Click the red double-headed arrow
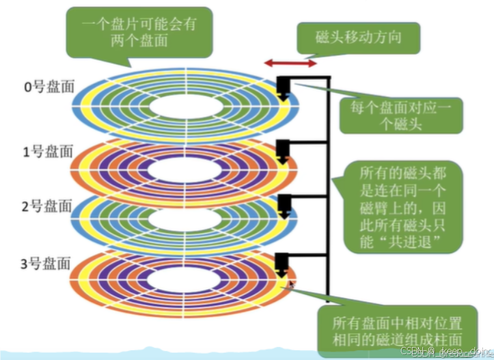point(290,63)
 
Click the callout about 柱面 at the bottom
point(397,330)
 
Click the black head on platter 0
point(284,88)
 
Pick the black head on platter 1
point(282,150)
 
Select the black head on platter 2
point(283,205)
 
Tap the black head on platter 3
point(282,264)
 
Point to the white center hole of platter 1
point(185,170)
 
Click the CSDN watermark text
point(445,352)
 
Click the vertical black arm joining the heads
point(330,195)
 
